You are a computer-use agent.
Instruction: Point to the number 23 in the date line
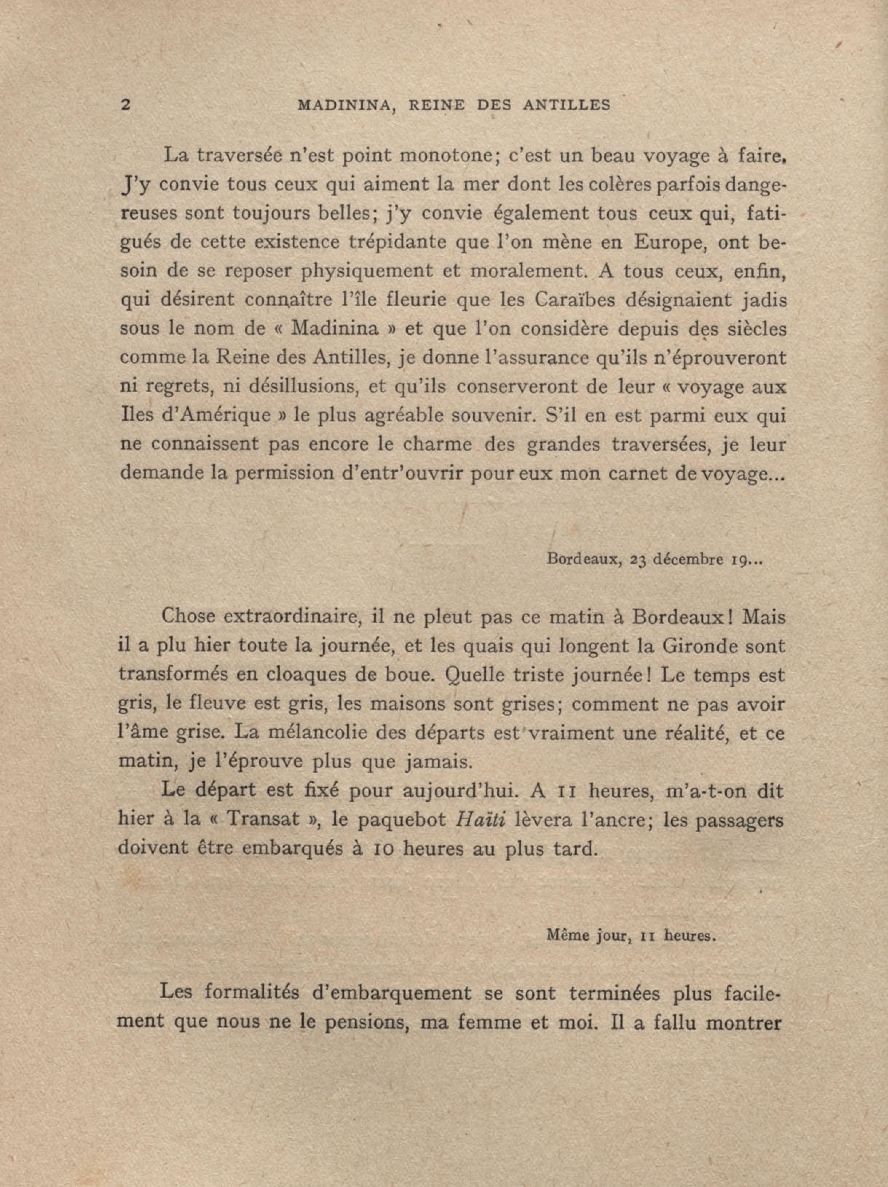coord(642,560)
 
